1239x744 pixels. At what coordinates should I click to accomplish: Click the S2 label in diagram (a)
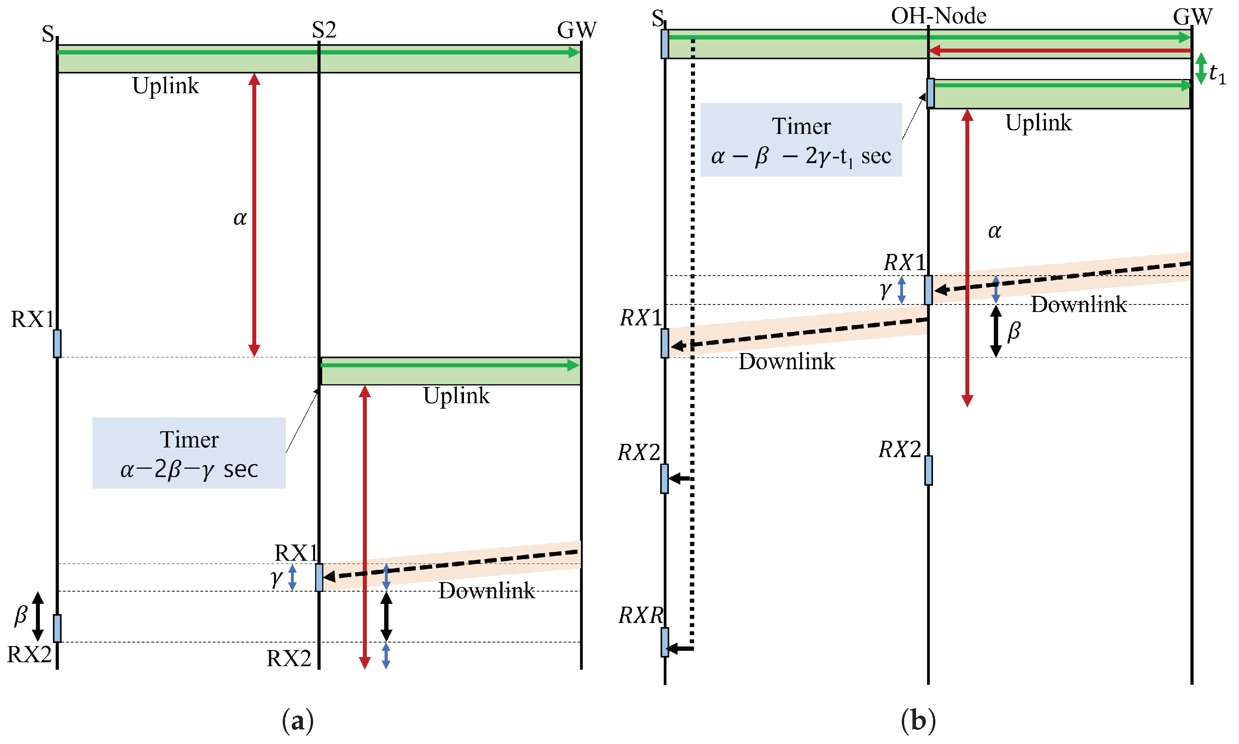click(324, 30)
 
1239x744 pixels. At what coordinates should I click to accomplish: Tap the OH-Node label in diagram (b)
click(938, 16)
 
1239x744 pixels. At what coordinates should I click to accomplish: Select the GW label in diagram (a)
click(577, 30)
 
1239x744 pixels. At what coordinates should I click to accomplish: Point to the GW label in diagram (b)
click(1192, 17)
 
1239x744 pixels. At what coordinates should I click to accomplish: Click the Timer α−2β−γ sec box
click(189, 453)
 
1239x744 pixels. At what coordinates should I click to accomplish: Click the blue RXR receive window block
click(665, 642)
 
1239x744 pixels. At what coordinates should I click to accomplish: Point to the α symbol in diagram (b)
click(995, 231)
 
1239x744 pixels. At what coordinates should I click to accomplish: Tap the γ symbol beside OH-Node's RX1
click(886, 290)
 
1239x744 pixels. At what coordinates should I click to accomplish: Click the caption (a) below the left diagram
click(298, 721)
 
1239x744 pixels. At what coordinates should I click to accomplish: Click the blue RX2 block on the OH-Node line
click(928, 470)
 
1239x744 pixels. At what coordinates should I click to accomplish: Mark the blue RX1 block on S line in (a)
click(57, 344)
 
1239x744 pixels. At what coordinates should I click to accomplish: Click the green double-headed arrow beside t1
click(1201, 68)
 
